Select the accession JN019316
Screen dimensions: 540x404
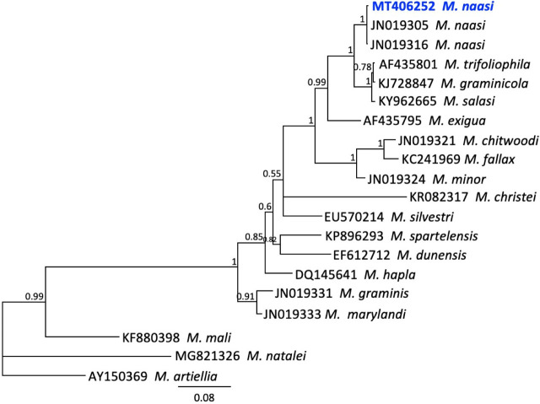[x=399, y=45]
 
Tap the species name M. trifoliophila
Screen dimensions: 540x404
[x=488, y=64]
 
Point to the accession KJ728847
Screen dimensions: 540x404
[x=406, y=83]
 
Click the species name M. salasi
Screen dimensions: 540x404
[x=469, y=101]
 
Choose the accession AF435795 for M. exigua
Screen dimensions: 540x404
[x=392, y=121]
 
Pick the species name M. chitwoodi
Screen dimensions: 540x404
[x=500, y=141]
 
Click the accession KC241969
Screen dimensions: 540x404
[x=431, y=159]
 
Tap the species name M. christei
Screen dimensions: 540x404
[x=506, y=197]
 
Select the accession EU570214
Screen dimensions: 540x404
[x=354, y=217]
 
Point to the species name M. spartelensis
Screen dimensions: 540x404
[x=435, y=236]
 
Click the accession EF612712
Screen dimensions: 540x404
[x=362, y=256]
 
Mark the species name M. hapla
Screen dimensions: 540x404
[x=390, y=275]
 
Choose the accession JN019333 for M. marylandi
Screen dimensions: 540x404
[x=292, y=315]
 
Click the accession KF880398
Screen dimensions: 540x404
[x=151, y=338]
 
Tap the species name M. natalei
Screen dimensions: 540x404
[x=277, y=356]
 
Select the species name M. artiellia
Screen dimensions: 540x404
[x=186, y=376]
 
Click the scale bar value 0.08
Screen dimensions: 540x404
[x=204, y=398]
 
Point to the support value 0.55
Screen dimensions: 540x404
[x=272, y=174]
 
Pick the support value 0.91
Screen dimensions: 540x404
[x=246, y=296]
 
